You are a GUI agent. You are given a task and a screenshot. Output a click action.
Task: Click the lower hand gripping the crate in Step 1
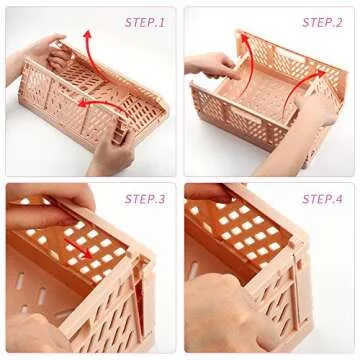point(110,150)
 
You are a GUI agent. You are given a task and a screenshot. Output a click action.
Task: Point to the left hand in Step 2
point(212,68)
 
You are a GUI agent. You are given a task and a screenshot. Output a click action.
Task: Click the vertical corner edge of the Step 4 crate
point(300,300)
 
